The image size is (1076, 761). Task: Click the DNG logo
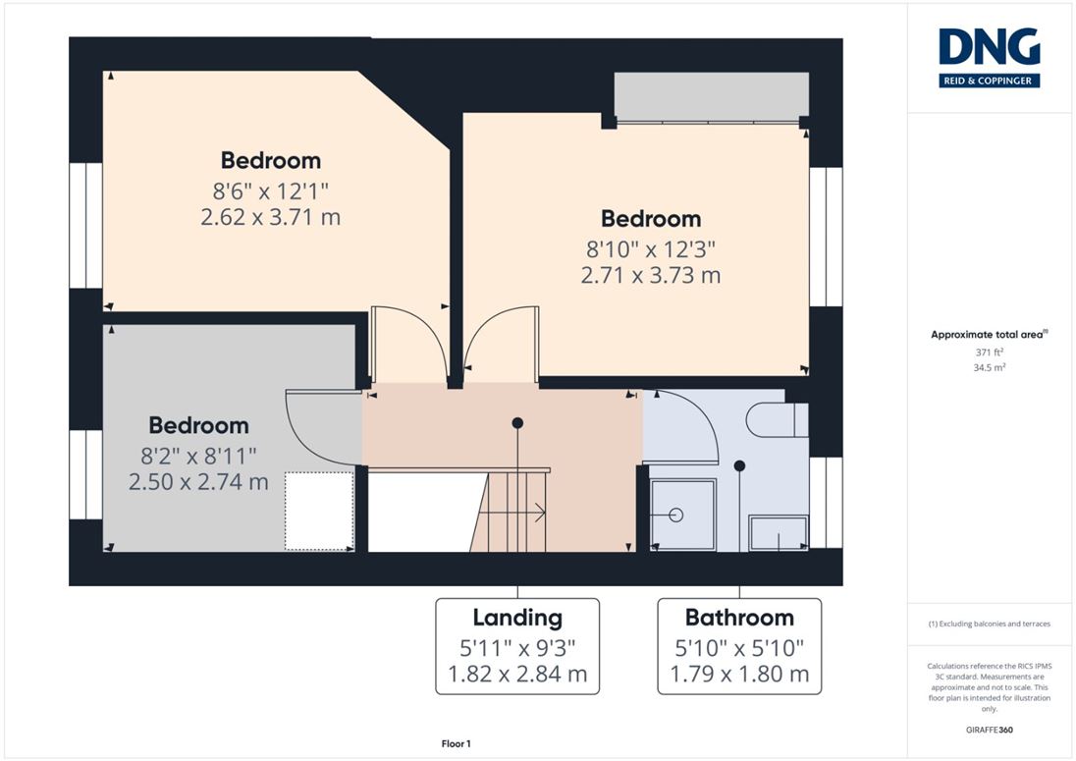[989, 58]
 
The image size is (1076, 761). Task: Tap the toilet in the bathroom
[777, 420]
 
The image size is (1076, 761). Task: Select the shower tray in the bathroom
[682, 515]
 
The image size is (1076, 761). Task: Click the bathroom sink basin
[779, 533]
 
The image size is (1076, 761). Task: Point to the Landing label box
[517, 646]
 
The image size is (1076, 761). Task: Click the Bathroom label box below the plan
[739, 646]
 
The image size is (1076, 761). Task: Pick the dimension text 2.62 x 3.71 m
[270, 217]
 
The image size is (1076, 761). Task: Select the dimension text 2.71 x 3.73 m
[651, 275]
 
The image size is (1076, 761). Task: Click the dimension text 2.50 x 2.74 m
[198, 482]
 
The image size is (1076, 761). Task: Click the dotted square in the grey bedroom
[319, 511]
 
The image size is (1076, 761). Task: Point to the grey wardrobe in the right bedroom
[711, 95]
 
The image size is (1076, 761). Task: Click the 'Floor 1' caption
[456, 744]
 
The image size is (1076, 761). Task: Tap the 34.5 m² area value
[989, 368]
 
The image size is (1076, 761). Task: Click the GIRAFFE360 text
[989, 730]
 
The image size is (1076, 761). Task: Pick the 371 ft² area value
[989, 352]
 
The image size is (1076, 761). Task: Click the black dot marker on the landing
[517, 423]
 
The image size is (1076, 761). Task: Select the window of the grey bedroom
[85, 475]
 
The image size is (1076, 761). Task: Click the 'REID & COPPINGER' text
[989, 81]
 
